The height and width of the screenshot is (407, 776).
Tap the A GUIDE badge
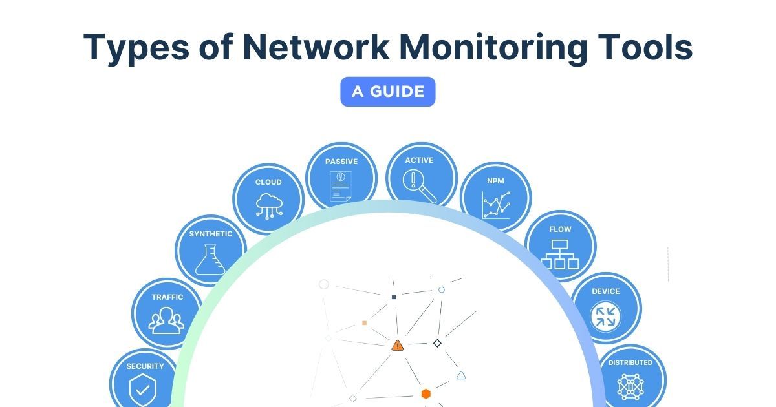388,92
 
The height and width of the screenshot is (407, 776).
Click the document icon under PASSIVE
341,186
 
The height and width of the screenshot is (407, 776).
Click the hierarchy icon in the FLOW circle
560,254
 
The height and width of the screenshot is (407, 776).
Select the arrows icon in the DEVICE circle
606,317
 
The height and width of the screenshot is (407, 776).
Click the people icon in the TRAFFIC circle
167,320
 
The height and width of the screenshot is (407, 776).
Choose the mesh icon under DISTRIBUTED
630,386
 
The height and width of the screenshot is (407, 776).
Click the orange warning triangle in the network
397,346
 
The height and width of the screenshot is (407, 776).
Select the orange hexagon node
426,393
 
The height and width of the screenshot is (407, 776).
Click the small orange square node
365,322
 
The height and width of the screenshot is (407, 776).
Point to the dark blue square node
394,297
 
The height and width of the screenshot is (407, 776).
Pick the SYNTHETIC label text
211,234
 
